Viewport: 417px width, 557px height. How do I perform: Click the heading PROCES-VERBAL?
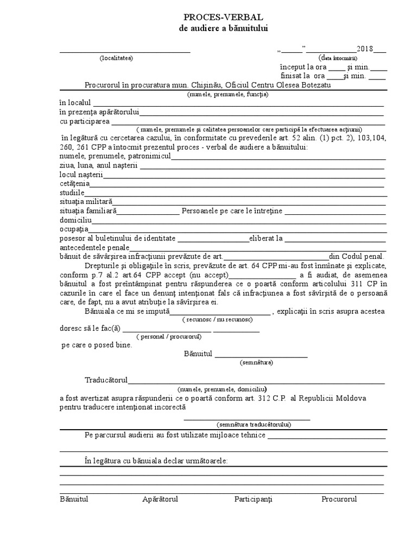click(x=224, y=17)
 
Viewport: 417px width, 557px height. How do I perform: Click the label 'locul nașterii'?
click(x=81, y=175)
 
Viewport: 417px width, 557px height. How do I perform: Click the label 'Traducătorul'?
click(x=106, y=380)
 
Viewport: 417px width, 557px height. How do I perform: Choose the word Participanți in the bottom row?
click(x=254, y=499)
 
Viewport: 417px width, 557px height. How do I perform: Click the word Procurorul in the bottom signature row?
click(x=339, y=499)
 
